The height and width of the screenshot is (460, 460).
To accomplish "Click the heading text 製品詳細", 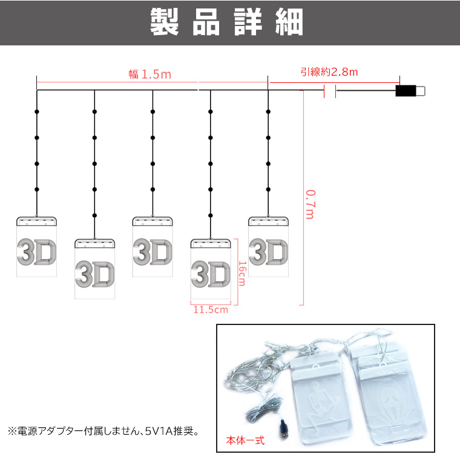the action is [x=226, y=22].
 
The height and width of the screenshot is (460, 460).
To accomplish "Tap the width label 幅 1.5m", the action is [x=150, y=74].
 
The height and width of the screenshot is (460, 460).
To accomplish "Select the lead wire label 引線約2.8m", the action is [x=329, y=72].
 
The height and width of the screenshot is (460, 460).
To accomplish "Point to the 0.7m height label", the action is [x=310, y=204].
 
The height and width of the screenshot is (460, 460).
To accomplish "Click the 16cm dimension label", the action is [x=242, y=274].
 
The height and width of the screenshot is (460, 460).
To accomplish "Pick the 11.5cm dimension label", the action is [x=211, y=310].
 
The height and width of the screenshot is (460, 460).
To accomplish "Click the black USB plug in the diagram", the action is [x=406, y=91].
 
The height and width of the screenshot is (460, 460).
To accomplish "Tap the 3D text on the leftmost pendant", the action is [x=37, y=252].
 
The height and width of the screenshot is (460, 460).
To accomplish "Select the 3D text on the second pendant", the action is [x=94, y=274].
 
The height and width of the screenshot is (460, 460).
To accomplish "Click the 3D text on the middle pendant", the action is [x=153, y=252].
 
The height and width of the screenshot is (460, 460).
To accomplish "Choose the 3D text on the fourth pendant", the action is [x=211, y=274].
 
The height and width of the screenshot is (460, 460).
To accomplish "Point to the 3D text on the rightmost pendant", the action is [x=268, y=252].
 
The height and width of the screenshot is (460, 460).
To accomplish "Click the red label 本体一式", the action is [x=245, y=441].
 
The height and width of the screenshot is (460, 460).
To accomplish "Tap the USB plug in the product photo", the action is [x=284, y=429].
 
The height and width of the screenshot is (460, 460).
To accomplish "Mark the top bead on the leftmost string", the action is [x=37, y=112].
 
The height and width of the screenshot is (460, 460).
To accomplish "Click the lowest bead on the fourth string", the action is [x=211, y=215].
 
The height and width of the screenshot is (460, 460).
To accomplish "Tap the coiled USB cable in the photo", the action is [x=263, y=406].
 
